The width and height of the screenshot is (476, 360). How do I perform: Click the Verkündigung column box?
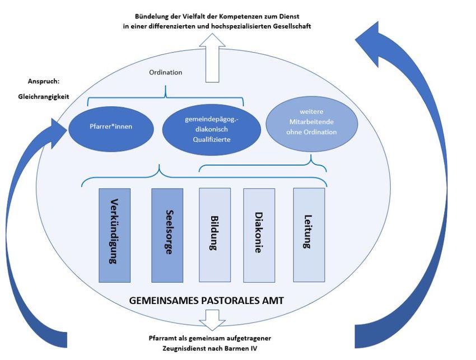click(x=114, y=235)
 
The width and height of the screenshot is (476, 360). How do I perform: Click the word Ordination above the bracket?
click(x=165, y=73)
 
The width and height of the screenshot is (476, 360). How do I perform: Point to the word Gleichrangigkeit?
click(x=43, y=96)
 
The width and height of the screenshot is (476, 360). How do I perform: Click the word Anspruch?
click(x=40, y=81)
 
